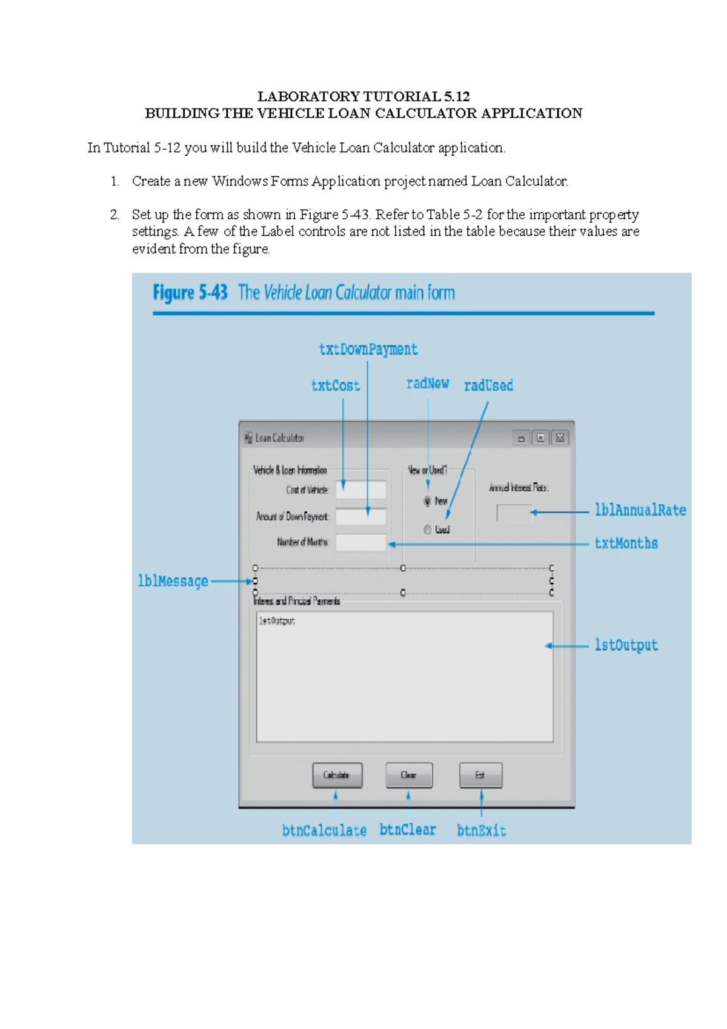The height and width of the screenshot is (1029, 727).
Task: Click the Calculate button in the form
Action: [x=337, y=775]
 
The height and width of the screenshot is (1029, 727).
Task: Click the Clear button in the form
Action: [x=409, y=775]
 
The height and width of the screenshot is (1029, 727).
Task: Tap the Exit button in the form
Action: [x=480, y=775]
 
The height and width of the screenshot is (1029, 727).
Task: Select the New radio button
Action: [x=428, y=501]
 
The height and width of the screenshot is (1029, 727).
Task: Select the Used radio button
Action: [x=428, y=530]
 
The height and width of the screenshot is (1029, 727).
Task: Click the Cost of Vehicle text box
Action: [x=361, y=490]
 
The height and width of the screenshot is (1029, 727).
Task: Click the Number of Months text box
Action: [x=361, y=542]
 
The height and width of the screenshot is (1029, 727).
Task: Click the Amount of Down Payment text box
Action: [x=361, y=516]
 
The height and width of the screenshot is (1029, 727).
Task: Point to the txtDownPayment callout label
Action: [x=368, y=350]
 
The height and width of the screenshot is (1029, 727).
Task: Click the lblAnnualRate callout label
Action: [x=640, y=510]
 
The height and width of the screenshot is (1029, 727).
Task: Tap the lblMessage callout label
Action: [x=173, y=581]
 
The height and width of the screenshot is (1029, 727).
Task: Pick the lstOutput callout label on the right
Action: [x=626, y=645]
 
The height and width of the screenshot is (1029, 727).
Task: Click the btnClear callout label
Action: [x=408, y=830]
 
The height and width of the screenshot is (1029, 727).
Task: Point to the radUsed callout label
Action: [x=488, y=385]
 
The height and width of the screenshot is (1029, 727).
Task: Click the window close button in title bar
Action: [x=560, y=438]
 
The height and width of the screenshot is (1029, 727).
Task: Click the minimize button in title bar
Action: [x=521, y=438]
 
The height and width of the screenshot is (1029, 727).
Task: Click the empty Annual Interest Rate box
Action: [x=514, y=513]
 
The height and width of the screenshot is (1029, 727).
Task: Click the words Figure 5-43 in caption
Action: [x=190, y=293]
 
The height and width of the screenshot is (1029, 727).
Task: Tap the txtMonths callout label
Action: [x=626, y=544]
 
